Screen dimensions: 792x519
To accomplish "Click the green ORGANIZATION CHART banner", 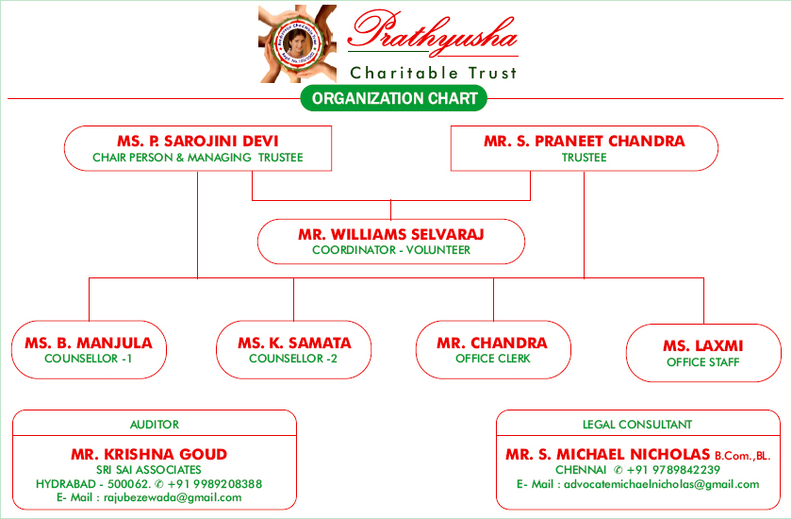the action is (x=394, y=98).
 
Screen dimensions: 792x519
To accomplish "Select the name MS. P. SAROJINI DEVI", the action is (x=197, y=141).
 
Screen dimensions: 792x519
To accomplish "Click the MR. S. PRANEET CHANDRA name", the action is (x=585, y=141).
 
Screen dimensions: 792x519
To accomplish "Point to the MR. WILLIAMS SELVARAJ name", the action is (x=391, y=234).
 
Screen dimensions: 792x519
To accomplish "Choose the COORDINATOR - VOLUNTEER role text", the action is (x=391, y=250).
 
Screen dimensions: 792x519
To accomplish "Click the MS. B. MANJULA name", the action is (x=89, y=343).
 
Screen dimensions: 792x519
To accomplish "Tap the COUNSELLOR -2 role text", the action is (x=293, y=359).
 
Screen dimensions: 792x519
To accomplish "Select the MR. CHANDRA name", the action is (x=492, y=343).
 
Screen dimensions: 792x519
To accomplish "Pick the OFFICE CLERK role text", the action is (x=493, y=359).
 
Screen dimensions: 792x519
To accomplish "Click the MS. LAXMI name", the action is (x=703, y=346).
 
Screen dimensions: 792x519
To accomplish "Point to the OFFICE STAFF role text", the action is (x=703, y=362).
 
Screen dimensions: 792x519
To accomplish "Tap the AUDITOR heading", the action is (x=155, y=425).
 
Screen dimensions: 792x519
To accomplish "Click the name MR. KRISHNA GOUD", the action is (x=149, y=454).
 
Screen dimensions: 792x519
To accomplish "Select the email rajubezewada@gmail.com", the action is (x=173, y=498).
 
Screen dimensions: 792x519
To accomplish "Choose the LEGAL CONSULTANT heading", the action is (x=637, y=425).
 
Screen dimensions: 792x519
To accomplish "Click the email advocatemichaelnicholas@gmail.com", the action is (x=662, y=485).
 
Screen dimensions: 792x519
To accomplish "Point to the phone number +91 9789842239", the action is (x=673, y=470).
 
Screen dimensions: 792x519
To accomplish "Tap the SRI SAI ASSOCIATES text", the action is (x=149, y=470).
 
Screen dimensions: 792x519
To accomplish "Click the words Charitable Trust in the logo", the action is (x=434, y=74).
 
